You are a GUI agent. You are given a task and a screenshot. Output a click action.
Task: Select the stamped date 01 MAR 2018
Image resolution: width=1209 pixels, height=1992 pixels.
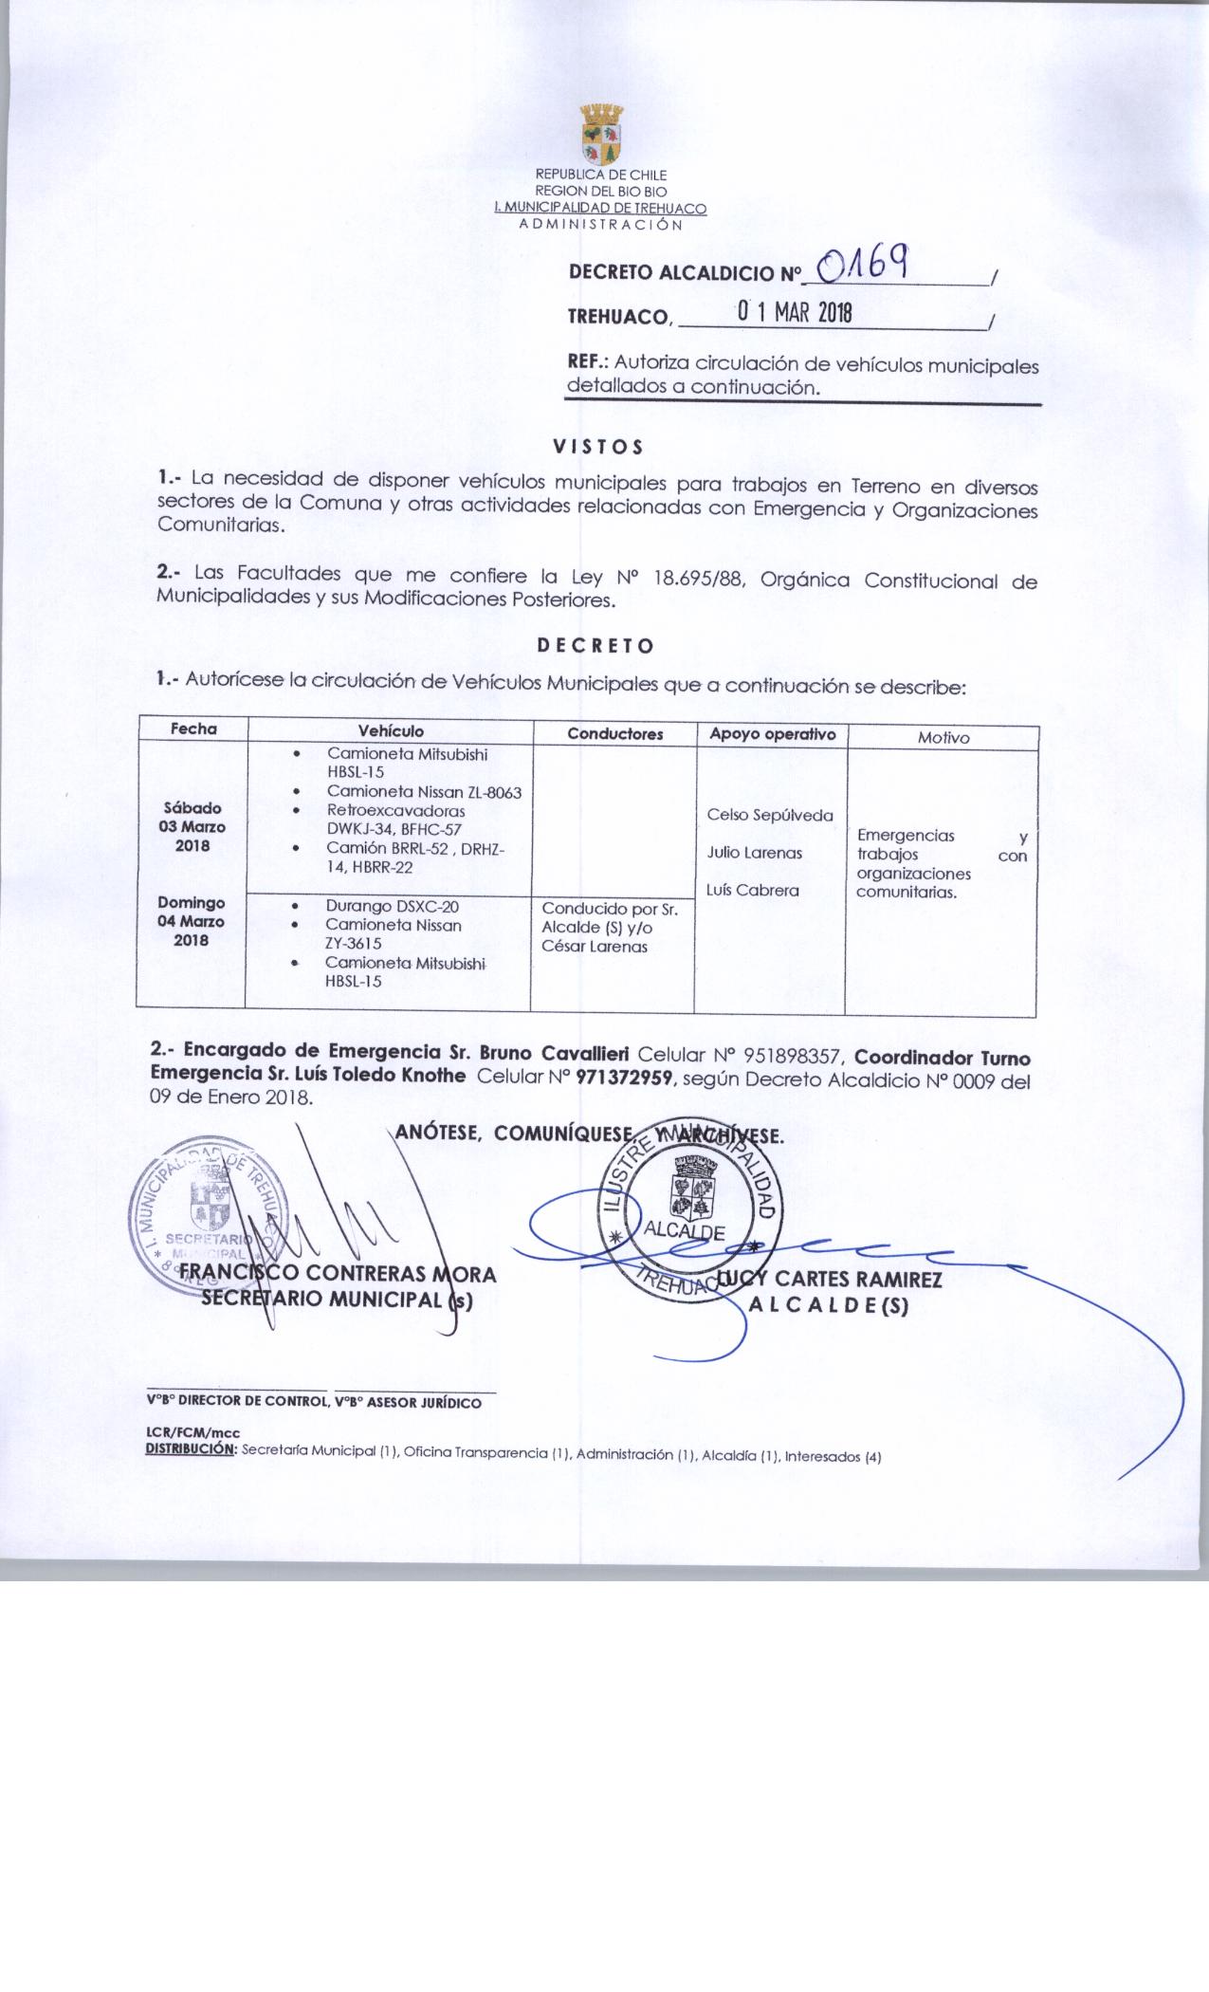796,312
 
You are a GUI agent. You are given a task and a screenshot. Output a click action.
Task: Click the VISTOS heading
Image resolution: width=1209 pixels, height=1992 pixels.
598,446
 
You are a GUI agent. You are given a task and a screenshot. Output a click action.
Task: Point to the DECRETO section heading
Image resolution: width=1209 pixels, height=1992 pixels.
595,646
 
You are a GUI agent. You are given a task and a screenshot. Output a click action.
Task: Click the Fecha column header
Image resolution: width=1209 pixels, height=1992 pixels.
193,729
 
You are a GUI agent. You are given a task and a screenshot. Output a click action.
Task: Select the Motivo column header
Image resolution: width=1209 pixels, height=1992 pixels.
943,737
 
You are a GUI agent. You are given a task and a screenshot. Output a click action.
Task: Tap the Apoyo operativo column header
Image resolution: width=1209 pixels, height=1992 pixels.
772,734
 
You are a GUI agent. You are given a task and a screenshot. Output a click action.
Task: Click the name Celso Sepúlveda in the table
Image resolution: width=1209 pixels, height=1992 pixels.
770,815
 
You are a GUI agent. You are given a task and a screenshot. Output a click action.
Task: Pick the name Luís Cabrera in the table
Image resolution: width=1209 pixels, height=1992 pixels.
753,891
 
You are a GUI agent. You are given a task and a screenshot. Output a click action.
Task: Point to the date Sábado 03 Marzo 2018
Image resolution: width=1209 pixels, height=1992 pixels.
193,826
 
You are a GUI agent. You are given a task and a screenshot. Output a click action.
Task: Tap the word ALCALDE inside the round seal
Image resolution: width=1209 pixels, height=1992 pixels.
684,1232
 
